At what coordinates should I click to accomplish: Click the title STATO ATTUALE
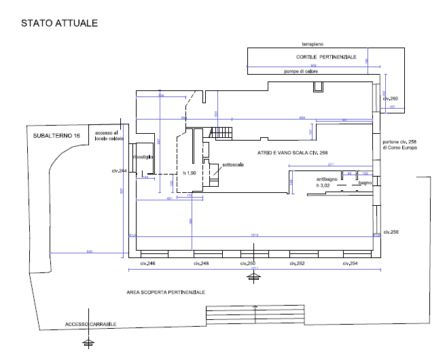pyautogui.click(x=59, y=23)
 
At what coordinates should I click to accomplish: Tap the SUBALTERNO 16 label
pyautogui.click(x=56, y=136)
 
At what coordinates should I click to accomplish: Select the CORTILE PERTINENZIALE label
pyautogui.click(x=326, y=57)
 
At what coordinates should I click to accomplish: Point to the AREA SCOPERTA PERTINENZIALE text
pyautogui.click(x=166, y=292)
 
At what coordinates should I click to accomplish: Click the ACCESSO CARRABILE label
pyautogui.click(x=90, y=324)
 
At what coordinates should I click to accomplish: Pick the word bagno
pyautogui.click(x=365, y=183)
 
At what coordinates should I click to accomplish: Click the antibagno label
pyautogui.click(x=327, y=179)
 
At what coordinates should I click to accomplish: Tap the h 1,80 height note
pyautogui.click(x=190, y=174)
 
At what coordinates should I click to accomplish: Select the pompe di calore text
pyautogui.click(x=300, y=71)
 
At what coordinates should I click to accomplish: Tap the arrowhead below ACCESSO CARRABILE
pyautogui.click(x=89, y=339)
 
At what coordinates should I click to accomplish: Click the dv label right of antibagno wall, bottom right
pyautogui.click(x=391, y=232)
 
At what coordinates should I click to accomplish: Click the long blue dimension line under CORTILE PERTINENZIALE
pyautogui.click(x=306, y=67)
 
